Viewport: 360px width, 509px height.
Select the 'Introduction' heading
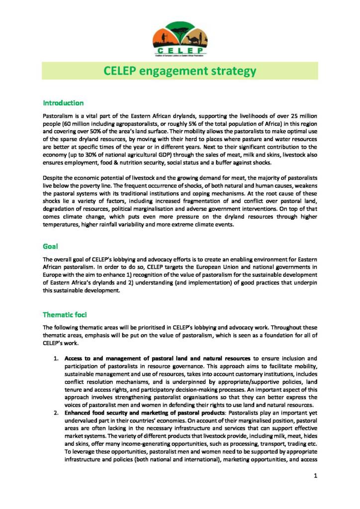[x=63, y=103]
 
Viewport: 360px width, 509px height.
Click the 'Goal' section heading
[x=50, y=246]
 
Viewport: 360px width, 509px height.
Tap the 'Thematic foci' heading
[x=65, y=315]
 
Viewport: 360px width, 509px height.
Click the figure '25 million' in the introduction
[x=300, y=115]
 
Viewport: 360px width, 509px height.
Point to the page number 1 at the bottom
[x=315, y=476]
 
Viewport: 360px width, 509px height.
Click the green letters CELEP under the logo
[x=180, y=50]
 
